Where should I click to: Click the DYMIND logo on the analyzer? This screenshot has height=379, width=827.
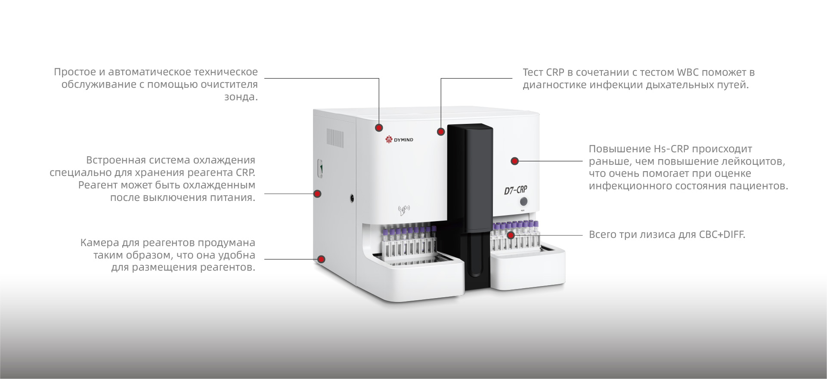(399, 139)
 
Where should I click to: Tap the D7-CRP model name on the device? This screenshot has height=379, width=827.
(516, 190)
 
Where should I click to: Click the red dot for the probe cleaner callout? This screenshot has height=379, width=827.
(379, 128)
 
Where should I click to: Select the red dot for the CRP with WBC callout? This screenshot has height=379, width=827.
(441, 132)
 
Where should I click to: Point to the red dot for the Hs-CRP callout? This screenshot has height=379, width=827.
(515, 161)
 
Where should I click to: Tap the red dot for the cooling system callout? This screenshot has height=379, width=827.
(318, 194)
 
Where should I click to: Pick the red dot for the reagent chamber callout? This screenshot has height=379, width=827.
(321, 259)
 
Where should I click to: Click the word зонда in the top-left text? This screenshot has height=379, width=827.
(241, 97)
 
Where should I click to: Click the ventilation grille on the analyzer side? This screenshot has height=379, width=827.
(335, 137)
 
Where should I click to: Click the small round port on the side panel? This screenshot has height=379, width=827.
(352, 198)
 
